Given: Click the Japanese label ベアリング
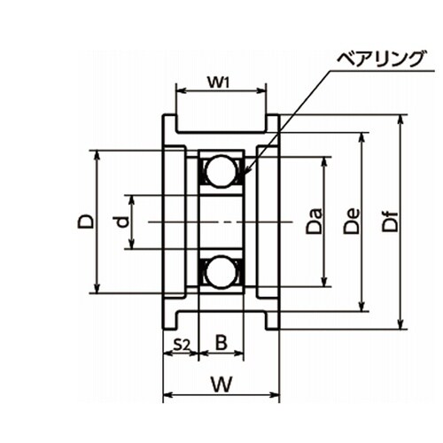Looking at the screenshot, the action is click(381, 59).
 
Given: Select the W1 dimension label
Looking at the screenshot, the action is click(219, 82).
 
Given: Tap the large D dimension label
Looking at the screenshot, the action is click(85, 221).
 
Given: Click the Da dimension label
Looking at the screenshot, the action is click(314, 221).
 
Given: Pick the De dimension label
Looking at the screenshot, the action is click(352, 221).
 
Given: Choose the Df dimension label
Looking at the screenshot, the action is click(390, 221).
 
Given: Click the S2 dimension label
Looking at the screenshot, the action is click(181, 344).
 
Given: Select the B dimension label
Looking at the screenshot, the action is click(221, 343).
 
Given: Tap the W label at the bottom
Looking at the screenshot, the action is click(221, 384).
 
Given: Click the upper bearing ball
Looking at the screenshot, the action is click(221, 171).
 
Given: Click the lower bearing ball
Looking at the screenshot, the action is click(221, 272).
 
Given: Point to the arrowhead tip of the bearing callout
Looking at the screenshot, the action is click(245, 174).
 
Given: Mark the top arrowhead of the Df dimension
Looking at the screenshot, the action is click(400, 115).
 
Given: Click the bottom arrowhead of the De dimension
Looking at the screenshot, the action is click(361, 311).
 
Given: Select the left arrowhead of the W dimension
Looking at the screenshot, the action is click(164, 394).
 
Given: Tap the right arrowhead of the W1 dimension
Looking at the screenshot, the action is click(266, 91).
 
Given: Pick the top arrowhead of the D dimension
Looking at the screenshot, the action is click(97, 151).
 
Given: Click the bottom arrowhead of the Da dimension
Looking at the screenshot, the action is click(324, 286).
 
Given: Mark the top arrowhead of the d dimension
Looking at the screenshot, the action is click(132, 196).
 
